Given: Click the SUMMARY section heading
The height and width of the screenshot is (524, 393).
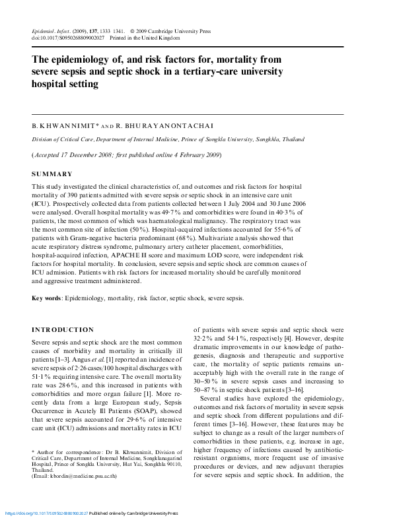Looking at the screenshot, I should point(52,174).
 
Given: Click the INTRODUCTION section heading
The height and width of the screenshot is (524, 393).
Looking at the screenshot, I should point(63,329).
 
